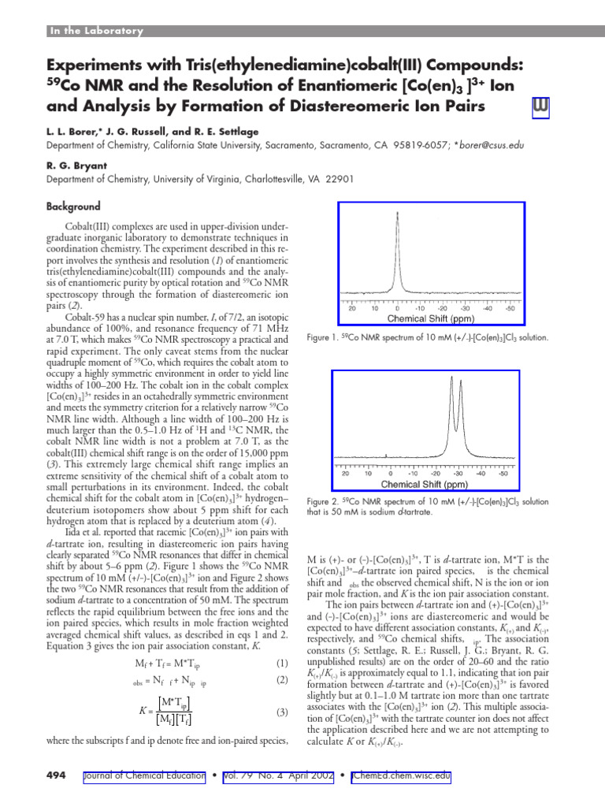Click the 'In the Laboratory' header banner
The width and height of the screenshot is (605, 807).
(95, 31)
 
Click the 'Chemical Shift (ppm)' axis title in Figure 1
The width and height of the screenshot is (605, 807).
(430, 319)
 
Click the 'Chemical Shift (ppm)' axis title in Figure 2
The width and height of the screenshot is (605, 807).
(425, 484)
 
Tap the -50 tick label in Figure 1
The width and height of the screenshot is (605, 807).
(510, 309)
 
